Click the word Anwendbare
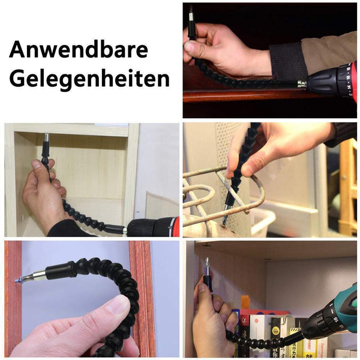79,50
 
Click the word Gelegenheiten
89,79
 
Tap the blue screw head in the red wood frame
17,281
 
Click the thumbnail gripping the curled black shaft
119,305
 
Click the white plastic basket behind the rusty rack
263,220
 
